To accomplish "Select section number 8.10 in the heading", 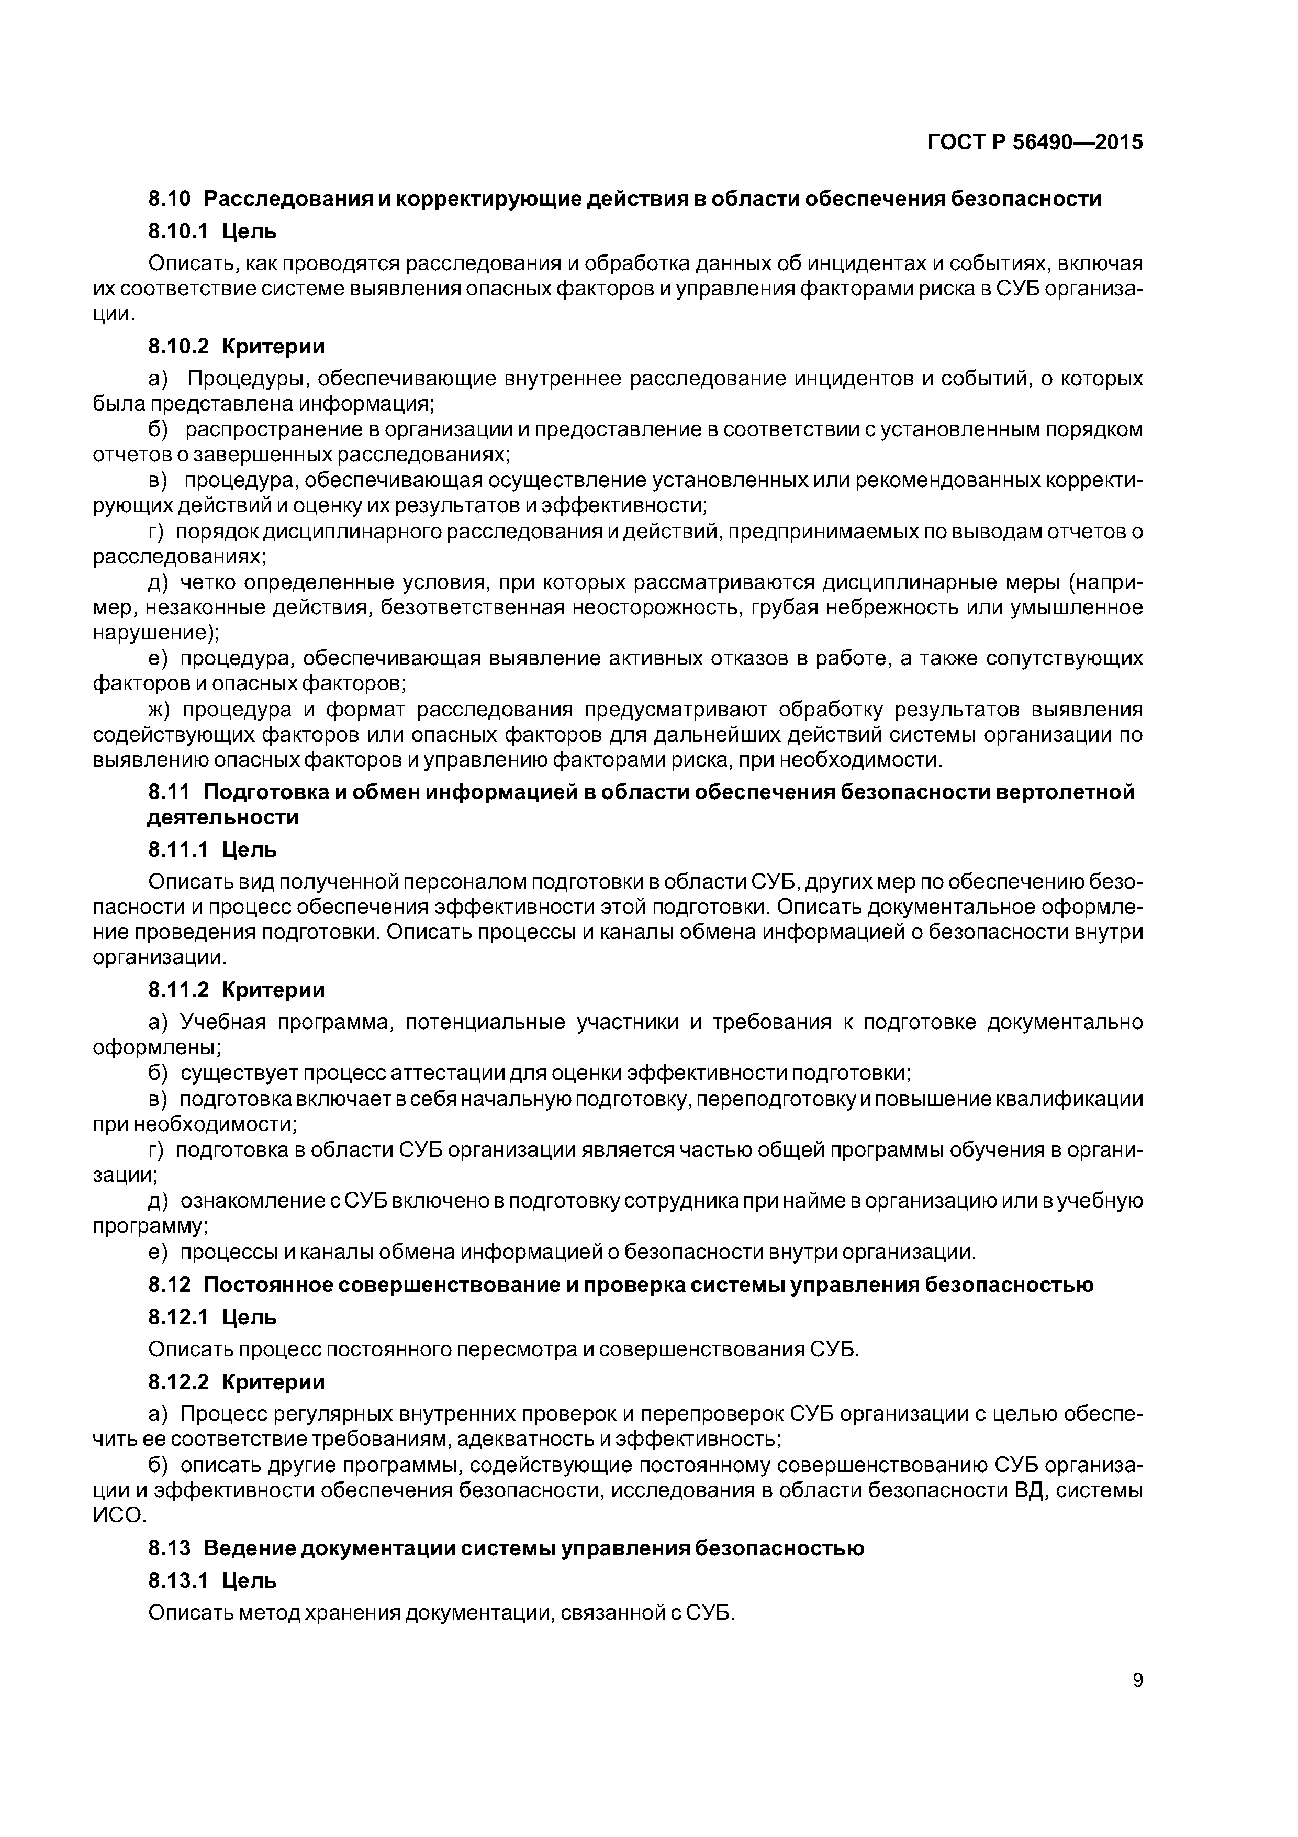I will click(170, 198).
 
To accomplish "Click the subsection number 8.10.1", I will click(177, 231).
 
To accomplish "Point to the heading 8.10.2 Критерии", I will click(237, 347).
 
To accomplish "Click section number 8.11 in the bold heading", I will click(170, 792).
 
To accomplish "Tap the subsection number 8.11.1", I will click(177, 850).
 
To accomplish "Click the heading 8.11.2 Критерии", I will click(237, 991).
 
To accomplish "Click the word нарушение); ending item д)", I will click(156, 633).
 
